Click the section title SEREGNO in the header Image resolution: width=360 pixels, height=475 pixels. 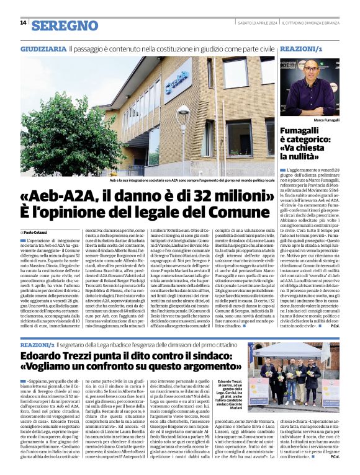[65, 25]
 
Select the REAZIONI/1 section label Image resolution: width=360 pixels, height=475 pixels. [302, 48]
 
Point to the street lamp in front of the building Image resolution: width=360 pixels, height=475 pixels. [184, 124]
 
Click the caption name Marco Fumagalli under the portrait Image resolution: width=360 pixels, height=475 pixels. [326, 119]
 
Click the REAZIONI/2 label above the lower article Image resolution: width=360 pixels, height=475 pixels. [37, 344]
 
